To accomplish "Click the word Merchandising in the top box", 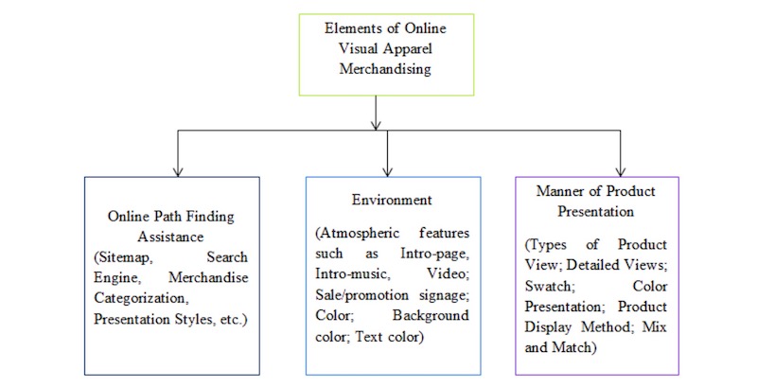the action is pos(385,69).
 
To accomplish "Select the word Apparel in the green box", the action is pos(408,49).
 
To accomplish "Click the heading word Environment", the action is pos(392,200).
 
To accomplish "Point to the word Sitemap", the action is pos(124,257).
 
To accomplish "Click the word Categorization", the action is pos(140,299).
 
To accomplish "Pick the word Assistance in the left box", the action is pos(170,237).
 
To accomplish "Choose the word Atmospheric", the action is pos(358,234).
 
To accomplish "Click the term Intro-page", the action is pos(434,254).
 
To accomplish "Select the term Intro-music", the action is pos(352,274).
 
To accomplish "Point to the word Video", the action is pos(448,274).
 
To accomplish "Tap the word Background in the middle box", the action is pos(431,316).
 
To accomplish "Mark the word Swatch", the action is pos(550,286).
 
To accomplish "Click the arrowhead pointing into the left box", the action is pos(178,171).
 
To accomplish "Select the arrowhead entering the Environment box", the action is pos(387,171).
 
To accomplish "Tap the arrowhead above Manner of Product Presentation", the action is pos(621,171).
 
